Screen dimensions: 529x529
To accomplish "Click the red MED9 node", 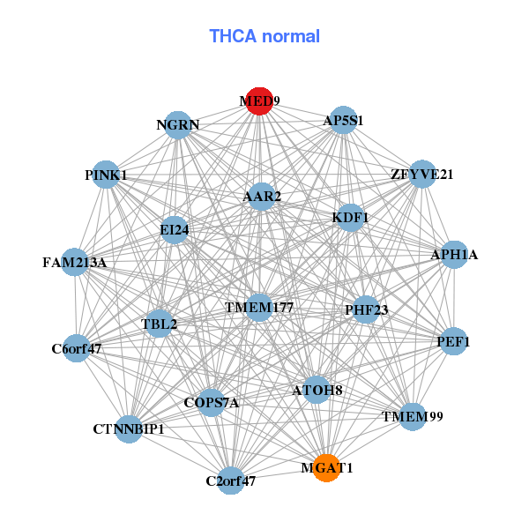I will pos(259,101).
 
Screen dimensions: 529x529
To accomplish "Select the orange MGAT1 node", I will pos(326,467).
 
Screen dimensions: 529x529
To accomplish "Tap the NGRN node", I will pos(179,124).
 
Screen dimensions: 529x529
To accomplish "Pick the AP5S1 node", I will pos(342,120).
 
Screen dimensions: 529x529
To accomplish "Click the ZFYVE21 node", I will pos(421,174).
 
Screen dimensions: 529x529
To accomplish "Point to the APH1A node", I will pos(454,255).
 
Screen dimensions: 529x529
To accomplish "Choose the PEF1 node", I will pos(453,341).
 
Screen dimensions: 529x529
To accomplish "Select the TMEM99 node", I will pos(412,415).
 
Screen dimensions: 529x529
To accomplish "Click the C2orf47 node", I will pos(231,481).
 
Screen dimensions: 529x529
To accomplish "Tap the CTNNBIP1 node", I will pos(129,429).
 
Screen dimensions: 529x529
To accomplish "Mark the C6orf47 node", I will pos(77,348).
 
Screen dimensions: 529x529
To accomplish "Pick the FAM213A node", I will pos(75,262).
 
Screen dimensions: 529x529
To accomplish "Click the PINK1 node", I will pos(107,175).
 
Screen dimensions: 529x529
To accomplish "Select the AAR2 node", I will pos(261,196).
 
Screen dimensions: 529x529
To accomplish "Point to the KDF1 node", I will pos(350,217).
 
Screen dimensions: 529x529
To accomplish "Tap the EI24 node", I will pos(175,230).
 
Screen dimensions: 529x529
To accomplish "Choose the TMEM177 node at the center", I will pos(259,307).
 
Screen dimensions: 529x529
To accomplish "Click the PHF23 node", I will pos(366,309).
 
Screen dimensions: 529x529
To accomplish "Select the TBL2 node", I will pos(160,324).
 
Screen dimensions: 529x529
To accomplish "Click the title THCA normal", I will pos(264,36).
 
